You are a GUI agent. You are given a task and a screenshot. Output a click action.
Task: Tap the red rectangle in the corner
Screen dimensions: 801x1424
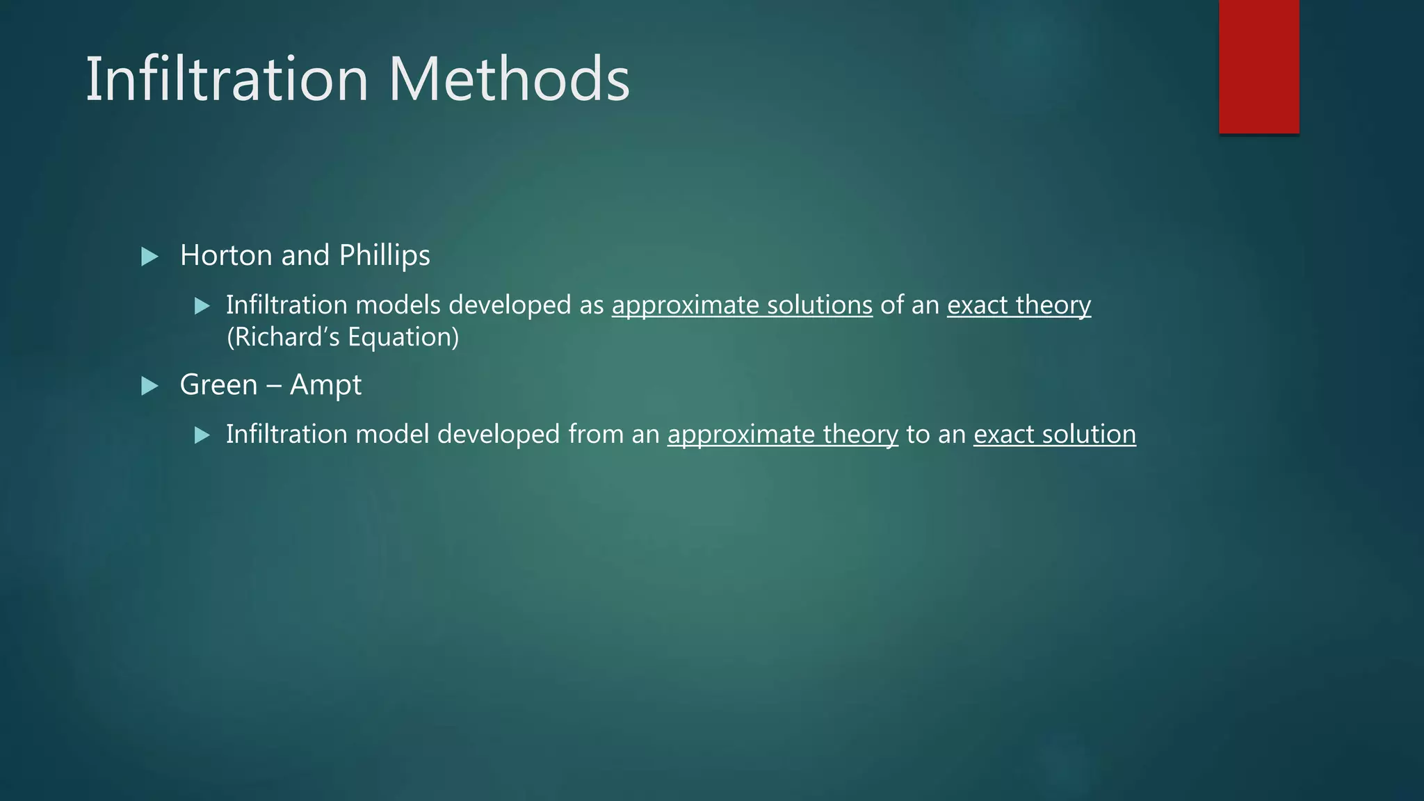1259,67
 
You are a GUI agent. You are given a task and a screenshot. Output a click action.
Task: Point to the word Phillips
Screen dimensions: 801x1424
385,256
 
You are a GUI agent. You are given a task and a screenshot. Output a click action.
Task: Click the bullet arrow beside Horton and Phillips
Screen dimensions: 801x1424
149,257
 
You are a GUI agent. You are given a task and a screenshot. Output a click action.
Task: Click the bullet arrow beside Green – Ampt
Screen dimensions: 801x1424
149,386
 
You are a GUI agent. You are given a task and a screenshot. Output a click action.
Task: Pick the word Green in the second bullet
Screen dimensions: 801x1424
218,385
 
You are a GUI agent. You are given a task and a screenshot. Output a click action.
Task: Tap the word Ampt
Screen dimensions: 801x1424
325,385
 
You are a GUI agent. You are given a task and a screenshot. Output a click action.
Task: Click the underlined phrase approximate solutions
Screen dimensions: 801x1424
742,305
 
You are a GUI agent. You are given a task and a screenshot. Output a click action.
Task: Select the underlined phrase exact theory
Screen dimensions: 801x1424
1019,305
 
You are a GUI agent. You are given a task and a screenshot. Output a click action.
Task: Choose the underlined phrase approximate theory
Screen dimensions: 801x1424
782,435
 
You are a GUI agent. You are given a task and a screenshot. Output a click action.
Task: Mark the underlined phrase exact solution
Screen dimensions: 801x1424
1054,435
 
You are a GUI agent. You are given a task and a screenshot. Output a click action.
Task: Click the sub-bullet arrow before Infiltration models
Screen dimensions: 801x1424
202,306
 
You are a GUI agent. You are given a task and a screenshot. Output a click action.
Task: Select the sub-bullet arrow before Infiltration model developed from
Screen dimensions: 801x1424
202,435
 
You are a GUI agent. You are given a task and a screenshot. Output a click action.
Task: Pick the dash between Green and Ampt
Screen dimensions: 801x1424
273,385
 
